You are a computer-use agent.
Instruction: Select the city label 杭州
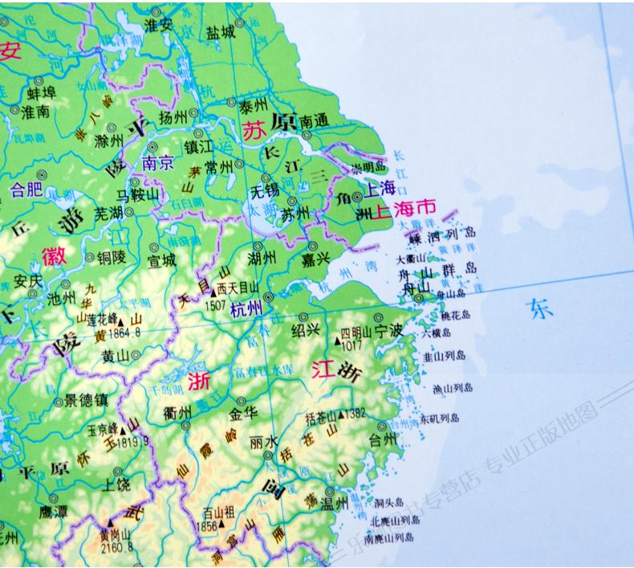coord(246,306)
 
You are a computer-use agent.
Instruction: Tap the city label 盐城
coord(220,32)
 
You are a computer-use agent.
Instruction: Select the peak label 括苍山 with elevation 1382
coord(322,415)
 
